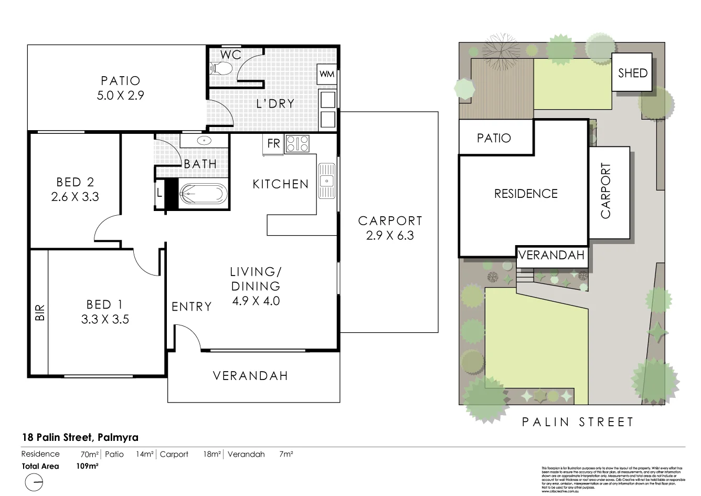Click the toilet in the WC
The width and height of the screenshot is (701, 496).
221,68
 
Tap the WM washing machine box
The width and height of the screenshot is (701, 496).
326,74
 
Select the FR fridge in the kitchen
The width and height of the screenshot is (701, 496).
273,143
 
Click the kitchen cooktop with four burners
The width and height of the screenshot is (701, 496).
297,144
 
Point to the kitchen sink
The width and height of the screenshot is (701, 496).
326,181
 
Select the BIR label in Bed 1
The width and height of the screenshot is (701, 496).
40,313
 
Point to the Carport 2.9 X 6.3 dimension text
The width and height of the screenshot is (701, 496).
390,236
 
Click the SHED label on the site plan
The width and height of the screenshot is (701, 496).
632,73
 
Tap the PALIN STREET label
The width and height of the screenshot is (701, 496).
578,422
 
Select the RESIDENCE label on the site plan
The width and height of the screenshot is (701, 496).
526,194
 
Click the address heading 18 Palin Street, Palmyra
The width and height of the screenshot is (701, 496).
80,437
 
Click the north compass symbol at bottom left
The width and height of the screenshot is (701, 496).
34,482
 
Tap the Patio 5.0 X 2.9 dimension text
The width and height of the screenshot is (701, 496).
121,96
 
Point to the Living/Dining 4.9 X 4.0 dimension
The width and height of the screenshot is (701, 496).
256,301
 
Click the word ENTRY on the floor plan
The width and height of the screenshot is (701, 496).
192,307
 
